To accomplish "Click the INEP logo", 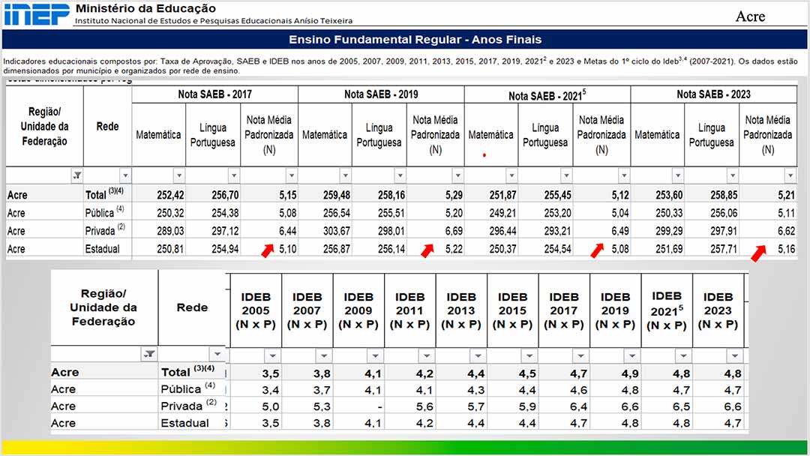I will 35,13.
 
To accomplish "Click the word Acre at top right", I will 750,16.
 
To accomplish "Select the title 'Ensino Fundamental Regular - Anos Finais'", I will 415,40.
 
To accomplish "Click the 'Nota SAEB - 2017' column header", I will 214,94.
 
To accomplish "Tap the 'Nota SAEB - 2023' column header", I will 713,94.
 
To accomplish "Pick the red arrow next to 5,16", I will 758,253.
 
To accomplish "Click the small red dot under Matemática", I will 484,155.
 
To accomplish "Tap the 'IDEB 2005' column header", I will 256,310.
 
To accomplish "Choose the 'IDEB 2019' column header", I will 615,310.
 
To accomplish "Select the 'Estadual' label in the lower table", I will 184,423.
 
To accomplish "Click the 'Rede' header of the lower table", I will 192,307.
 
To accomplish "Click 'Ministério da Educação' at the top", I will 145,8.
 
